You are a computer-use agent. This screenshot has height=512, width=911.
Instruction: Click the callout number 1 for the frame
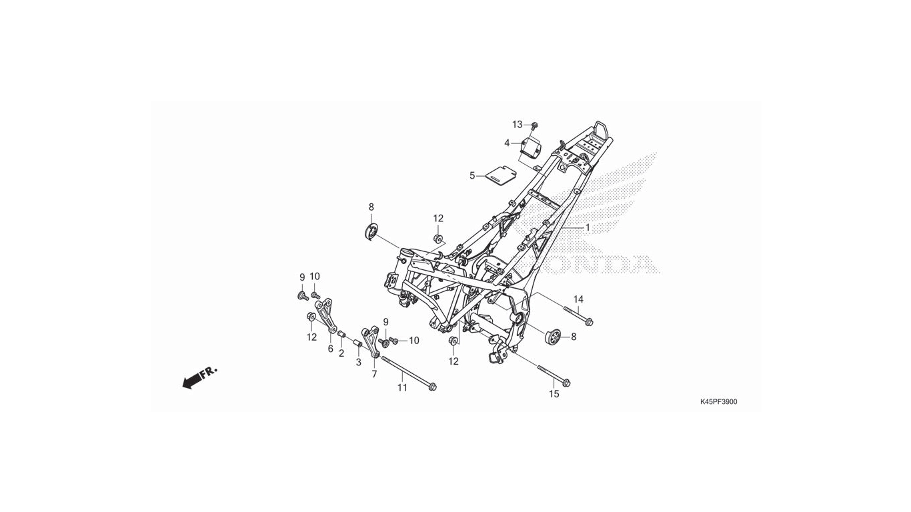click(588, 228)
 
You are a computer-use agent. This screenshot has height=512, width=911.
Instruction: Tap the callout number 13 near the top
click(517, 125)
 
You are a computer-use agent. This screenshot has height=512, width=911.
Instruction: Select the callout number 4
click(507, 143)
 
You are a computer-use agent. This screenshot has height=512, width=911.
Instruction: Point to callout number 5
click(472, 176)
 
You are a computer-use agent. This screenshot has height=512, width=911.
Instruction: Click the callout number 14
click(578, 299)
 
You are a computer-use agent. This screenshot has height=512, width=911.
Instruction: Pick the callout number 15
click(554, 393)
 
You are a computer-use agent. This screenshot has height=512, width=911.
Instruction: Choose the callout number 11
click(402, 388)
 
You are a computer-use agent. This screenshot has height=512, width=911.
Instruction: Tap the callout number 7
click(374, 374)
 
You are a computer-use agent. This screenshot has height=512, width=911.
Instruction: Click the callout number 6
click(330, 349)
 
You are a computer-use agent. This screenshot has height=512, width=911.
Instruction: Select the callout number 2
click(341, 353)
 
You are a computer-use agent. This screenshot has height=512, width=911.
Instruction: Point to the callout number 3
click(358, 362)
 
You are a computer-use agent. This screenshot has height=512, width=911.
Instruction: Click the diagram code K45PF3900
click(718, 402)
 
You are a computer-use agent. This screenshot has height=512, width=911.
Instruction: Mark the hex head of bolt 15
click(567, 383)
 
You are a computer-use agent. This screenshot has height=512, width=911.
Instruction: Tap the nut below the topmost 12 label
click(438, 238)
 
